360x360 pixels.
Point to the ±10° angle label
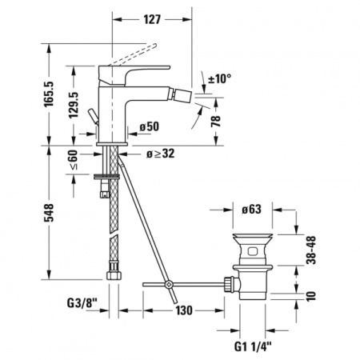coord(218,78)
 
